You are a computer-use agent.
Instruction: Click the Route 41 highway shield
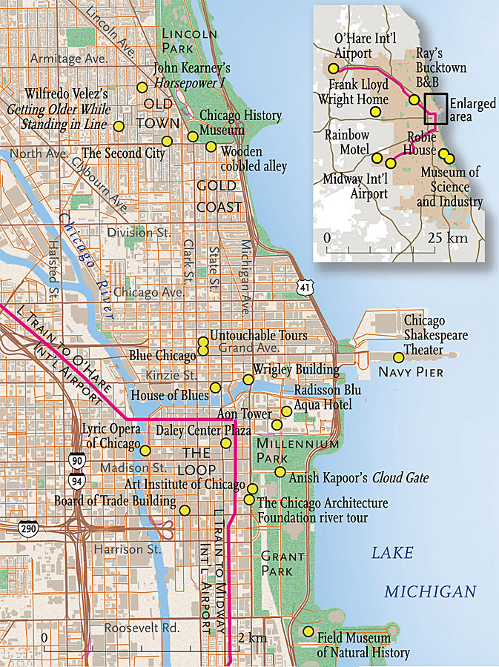(x=305, y=286)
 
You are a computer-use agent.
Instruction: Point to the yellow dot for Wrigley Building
(x=248, y=379)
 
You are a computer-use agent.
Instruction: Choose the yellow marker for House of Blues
(x=215, y=388)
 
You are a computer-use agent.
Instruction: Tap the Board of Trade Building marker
(x=185, y=510)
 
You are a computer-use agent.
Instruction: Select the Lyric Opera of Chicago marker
(x=145, y=450)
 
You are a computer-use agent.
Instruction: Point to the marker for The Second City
(x=167, y=140)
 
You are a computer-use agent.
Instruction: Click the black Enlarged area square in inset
(x=435, y=108)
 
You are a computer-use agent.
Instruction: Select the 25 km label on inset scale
(x=447, y=239)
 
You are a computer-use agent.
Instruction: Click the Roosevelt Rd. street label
(x=131, y=628)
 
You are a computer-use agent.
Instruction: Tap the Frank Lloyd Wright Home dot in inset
(x=376, y=111)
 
